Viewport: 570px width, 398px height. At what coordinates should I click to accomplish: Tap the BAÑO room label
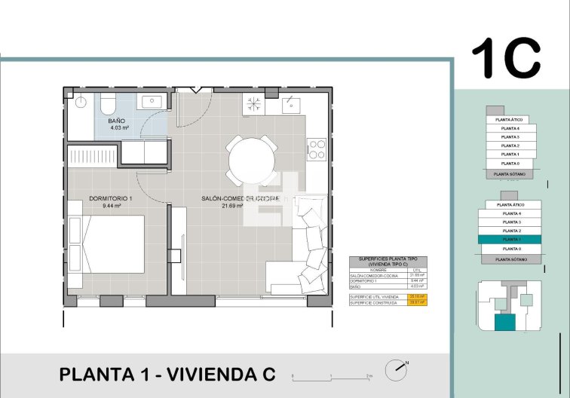pyautogui.click(x=116, y=121)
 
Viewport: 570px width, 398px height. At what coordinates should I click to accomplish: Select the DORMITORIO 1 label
pyautogui.click(x=110, y=198)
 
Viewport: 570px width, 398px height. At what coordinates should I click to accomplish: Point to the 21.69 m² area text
pyautogui.click(x=232, y=205)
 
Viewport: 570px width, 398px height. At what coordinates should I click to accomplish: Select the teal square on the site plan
pyautogui.click(x=505, y=323)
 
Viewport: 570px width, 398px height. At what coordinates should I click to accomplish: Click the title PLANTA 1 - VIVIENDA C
pyautogui.click(x=167, y=375)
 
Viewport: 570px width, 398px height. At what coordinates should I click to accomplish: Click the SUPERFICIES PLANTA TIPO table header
pyautogui.click(x=388, y=262)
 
